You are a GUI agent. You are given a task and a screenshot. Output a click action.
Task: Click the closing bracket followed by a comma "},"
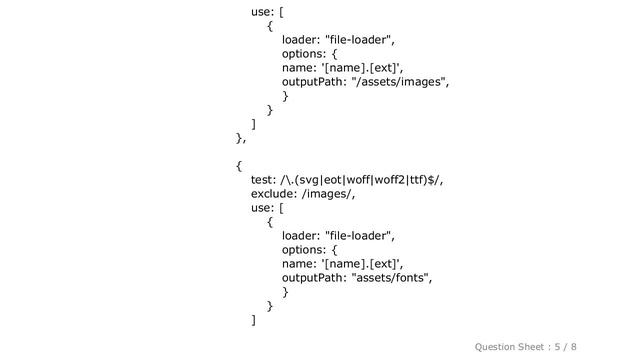coord(241,138)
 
